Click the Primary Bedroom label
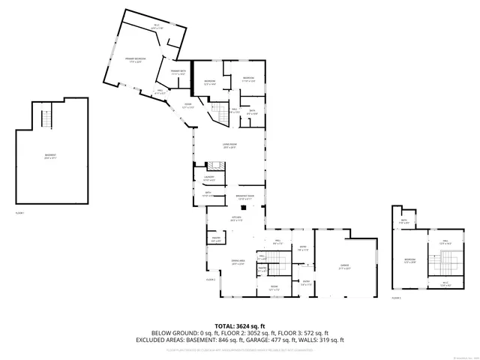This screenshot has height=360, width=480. click(135, 59)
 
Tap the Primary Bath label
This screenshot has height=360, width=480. click(178, 73)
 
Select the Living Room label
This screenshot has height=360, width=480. click(229, 146)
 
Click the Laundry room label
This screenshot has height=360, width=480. click(209, 178)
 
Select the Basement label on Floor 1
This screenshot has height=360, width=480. click(50, 157)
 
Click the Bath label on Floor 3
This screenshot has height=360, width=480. click(403, 221)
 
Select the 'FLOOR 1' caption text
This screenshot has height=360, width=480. click(20, 214)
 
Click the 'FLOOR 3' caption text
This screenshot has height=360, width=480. click(396, 298)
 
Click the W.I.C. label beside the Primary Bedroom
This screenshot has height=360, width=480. click(157, 27)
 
